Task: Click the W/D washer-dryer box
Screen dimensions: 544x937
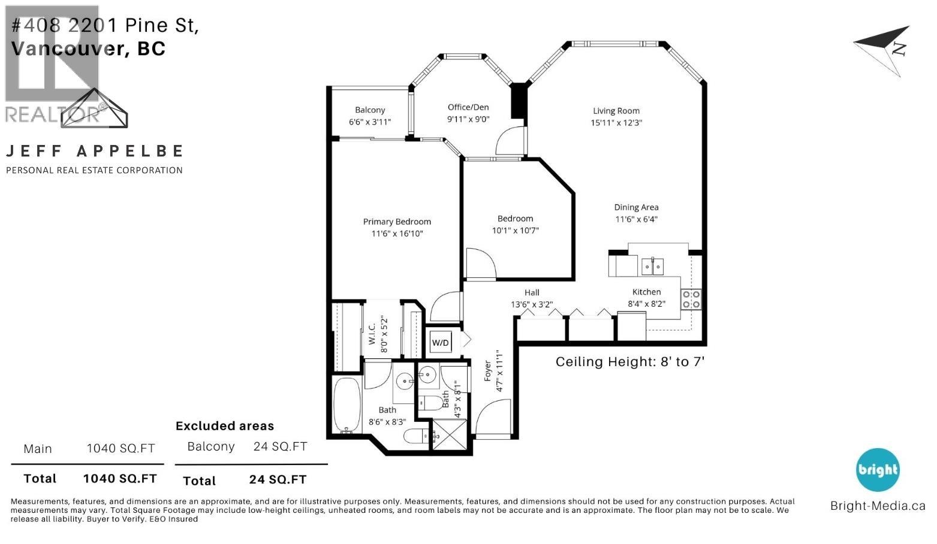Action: click(441, 343)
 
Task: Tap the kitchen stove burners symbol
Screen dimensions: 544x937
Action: click(691, 299)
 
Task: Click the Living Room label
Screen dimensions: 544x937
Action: click(616, 111)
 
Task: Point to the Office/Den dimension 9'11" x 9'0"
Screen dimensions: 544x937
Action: click(468, 119)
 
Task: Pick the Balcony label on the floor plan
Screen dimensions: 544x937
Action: click(370, 110)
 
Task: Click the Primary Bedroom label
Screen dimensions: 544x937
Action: click(397, 222)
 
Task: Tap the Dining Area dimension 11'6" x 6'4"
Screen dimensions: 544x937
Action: click(636, 219)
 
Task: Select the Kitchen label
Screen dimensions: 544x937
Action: click(646, 292)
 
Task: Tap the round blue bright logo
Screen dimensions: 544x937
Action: click(878, 470)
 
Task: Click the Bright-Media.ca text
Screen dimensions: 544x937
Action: click(878, 506)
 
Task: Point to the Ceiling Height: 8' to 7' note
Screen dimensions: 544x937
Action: click(629, 362)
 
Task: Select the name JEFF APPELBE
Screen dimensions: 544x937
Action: click(94, 151)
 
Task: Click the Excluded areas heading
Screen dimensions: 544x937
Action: click(225, 426)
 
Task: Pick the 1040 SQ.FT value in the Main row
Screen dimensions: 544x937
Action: click(120, 449)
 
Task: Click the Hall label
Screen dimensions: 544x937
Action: click(532, 292)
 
